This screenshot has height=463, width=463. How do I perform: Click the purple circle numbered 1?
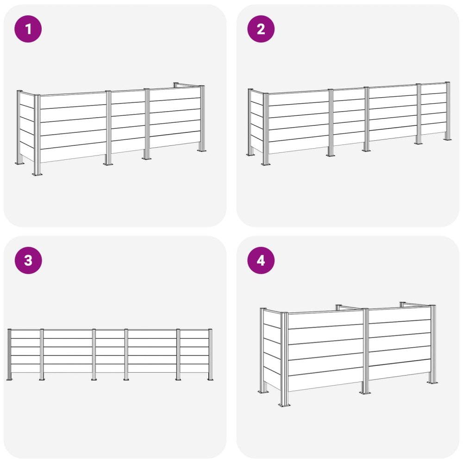coord(28,29)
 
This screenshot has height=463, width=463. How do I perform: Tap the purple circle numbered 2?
coord(261,29)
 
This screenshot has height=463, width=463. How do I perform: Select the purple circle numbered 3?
coord(28,260)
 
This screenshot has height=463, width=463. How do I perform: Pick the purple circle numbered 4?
coord(261,260)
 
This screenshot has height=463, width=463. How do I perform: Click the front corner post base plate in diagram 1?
coord(37,175)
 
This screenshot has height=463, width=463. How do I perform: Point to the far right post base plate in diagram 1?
coord(202,151)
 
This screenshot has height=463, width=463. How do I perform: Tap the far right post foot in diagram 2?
coord(448,140)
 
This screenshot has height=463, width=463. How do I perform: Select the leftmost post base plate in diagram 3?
coord(9,379)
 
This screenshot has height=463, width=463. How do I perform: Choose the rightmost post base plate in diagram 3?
coord(210,379)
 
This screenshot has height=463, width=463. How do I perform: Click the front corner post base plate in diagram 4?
coord(284,405)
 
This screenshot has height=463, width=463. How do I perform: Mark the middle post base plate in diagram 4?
coord(365,393)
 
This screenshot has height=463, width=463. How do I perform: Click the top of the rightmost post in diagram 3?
coord(210,330)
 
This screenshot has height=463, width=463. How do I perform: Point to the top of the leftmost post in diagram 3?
coord(9,330)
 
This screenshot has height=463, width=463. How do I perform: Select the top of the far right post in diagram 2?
coord(448,83)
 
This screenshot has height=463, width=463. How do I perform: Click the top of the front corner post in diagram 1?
coord(37,96)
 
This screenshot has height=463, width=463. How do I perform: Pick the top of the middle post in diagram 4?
coord(366,309)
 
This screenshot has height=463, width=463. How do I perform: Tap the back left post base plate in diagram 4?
coord(263,392)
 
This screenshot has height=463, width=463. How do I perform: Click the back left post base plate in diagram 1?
coord(20,163)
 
